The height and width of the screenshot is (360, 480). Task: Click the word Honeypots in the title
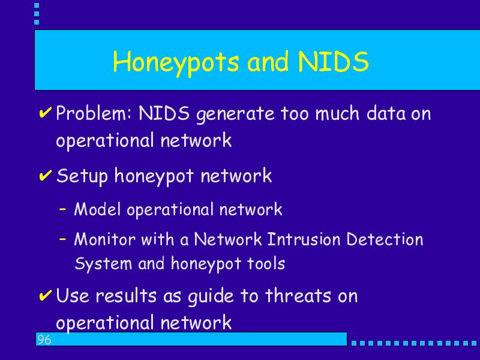[176, 63]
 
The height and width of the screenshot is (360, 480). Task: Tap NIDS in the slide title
[334, 62]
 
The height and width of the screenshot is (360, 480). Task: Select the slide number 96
[44, 340]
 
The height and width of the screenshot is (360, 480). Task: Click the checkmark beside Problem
[46, 112]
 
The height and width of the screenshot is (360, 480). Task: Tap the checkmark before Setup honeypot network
[46, 175]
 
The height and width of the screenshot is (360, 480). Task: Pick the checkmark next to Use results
[46, 295]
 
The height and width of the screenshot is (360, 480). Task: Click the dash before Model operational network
[63, 209]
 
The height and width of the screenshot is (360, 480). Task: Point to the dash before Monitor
[63, 239]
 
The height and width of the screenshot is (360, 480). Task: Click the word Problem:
[94, 113]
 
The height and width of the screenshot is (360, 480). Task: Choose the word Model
[98, 209]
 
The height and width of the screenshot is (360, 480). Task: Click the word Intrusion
[304, 239]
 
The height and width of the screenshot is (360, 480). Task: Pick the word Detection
[385, 239]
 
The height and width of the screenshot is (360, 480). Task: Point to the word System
[103, 264]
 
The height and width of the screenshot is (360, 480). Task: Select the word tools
[266, 263]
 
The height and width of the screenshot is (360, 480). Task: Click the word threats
[298, 296]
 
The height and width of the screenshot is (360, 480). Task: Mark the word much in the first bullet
[337, 113]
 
